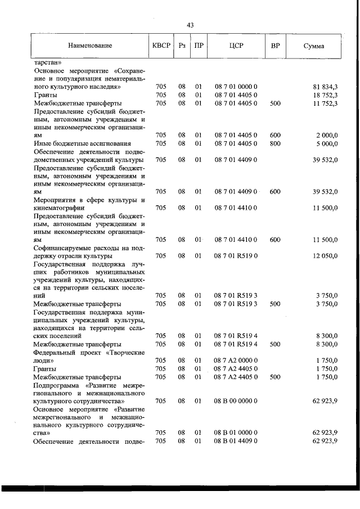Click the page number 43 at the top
[x=190, y=25]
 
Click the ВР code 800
[x=275, y=143]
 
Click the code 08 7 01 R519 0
[x=236, y=256]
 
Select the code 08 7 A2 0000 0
[x=236, y=360]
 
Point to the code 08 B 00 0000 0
[x=236, y=400]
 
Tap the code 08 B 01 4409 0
[x=236, y=440]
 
